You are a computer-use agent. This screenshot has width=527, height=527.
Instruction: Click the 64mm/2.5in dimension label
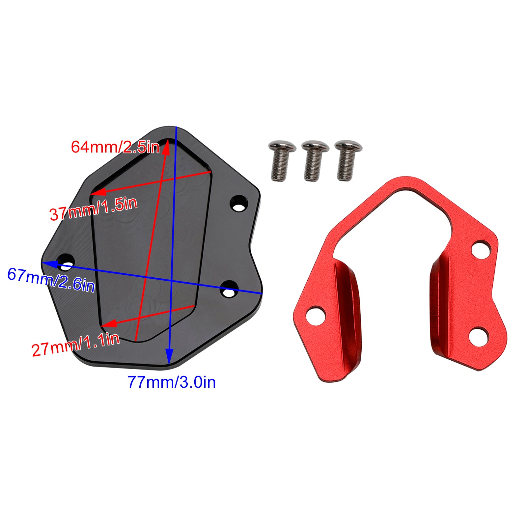click(115, 147)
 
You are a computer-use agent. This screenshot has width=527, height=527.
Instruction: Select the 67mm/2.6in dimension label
click(51, 280)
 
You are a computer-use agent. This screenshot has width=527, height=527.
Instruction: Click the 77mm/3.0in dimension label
click(172, 382)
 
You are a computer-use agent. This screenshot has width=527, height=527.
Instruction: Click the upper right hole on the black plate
click(238, 203)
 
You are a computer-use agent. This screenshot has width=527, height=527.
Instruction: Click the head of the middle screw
click(315, 146)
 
